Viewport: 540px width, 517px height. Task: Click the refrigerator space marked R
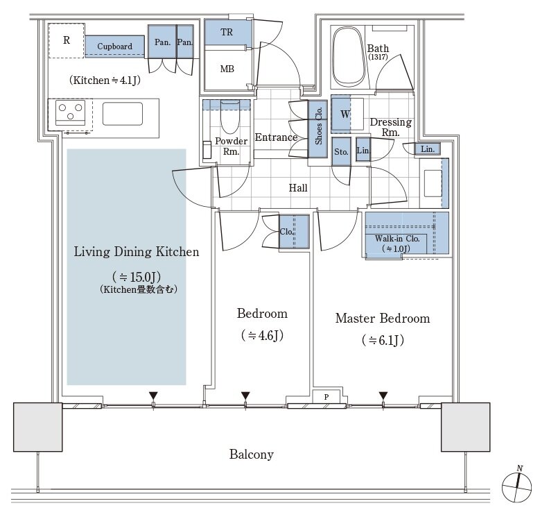pyautogui.click(x=66, y=41)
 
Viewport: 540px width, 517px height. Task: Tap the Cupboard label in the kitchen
pyautogui.click(x=114, y=46)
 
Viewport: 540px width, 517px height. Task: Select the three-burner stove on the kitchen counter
pyautogui.click(x=70, y=112)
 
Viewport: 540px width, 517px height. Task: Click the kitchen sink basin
pyautogui.click(x=123, y=114)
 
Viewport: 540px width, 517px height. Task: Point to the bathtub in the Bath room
pyautogui.click(x=349, y=57)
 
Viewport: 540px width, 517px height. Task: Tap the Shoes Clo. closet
pyautogui.click(x=317, y=129)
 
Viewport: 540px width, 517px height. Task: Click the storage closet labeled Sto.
pyautogui.click(x=341, y=152)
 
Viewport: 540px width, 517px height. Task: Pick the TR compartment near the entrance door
pyautogui.click(x=227, y=33)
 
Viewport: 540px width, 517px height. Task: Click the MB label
pyautogui.click(x=227, y=69)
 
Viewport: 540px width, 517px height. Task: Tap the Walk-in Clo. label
pyautogui.click(x=397, y=239)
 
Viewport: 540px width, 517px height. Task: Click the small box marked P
pyautogui.click(x=326, y=397)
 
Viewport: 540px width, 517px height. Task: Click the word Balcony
pyautogui.click(x=252, y=455)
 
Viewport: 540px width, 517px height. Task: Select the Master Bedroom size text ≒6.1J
pyautogui.click(x=383, y=341)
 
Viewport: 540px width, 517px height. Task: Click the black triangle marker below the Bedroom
pyautogui.click(x=245, y=396)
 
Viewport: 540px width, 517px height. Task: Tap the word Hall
pyautogui.click(x=298, y=188)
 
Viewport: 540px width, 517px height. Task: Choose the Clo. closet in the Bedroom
pyautogui.click(x=294, y=232)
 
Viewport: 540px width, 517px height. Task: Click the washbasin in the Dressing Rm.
pyautogui.click(x=433, y=183)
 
